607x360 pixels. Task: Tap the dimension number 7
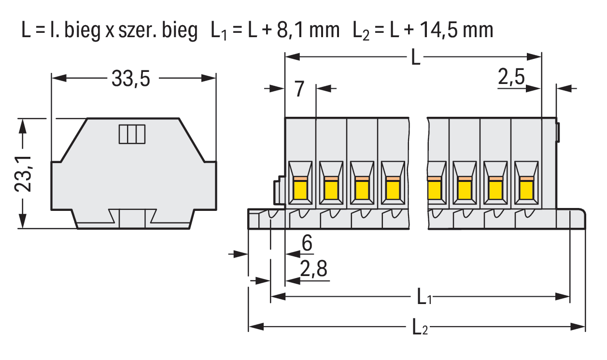coord(299,89)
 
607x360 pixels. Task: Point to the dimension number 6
coord(307,244)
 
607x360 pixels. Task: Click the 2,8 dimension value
coord(313,270)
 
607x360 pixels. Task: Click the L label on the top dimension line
coord(415,58)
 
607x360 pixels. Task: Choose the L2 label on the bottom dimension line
coord(420,328)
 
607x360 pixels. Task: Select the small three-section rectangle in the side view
coord(132,134)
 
